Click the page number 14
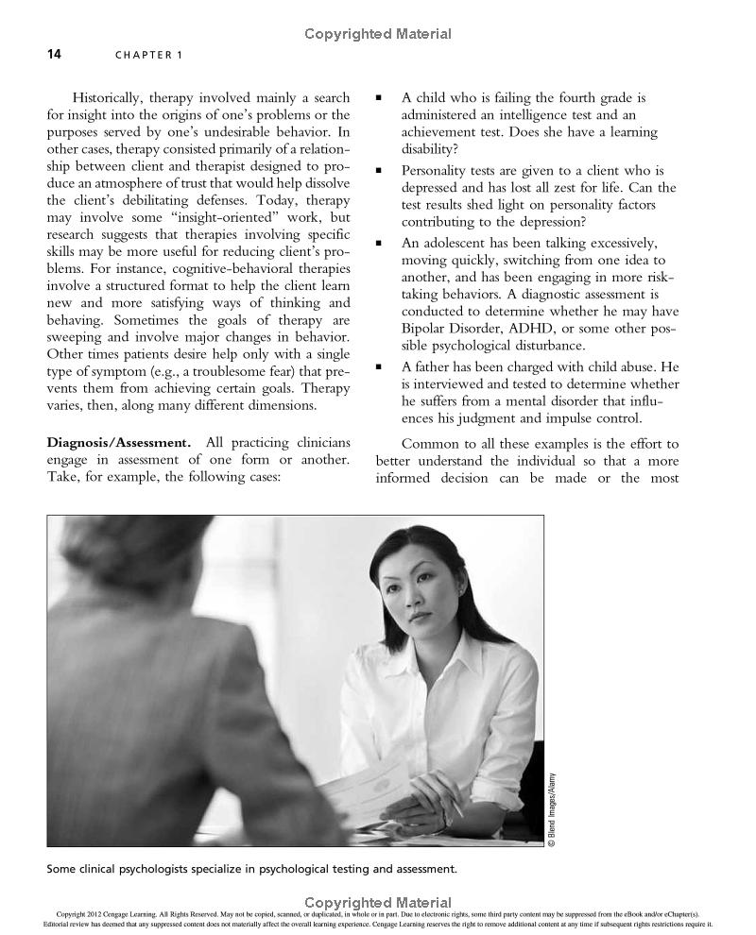click(54, 54)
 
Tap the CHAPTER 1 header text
click(149, 55)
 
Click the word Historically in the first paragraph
click(111, 97)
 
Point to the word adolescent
click(457, 243)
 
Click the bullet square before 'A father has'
click(379, 366)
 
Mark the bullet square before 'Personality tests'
click(379, 171)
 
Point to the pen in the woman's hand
click(455, 806)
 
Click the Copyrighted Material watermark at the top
click(378, 34)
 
